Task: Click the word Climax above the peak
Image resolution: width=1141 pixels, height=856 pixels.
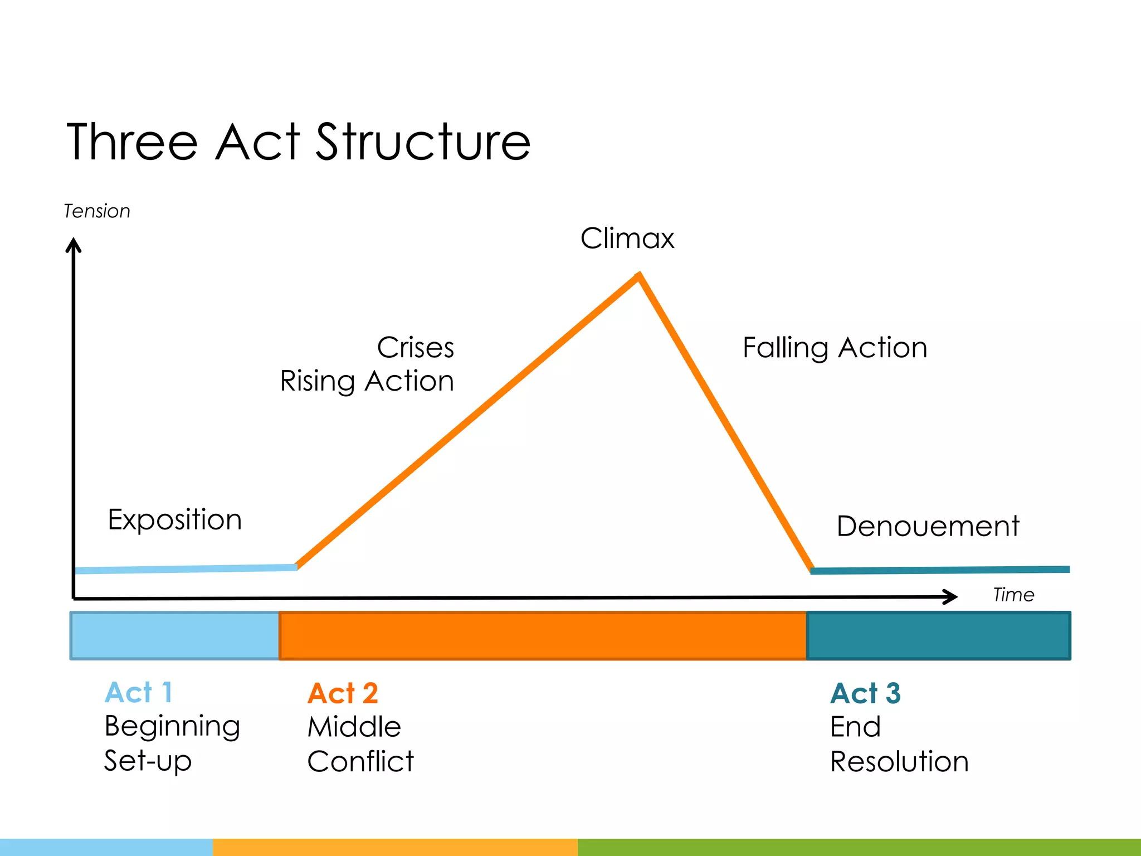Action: tap(627, 239)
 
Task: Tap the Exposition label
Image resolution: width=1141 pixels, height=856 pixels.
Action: tap(174, 520)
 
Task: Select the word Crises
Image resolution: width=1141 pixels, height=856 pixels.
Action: tap(416, 348)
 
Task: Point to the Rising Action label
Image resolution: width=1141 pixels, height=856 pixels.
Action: tap(367, 382)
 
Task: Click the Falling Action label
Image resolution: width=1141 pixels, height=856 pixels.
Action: tap(835, 348)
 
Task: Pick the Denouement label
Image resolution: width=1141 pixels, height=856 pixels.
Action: tap(928, 526)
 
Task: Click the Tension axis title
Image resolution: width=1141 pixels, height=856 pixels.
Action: tap(97, 212)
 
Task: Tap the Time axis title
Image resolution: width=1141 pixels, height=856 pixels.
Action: tap(1013, 595)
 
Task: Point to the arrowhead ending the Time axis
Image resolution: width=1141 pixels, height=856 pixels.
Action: tap(952, 597)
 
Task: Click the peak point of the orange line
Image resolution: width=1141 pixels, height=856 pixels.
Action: tap(639, 275)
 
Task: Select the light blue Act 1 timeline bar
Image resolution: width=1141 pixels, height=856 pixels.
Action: tap(175, 636)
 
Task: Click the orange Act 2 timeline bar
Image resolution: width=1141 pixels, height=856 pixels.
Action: tap(543, 636)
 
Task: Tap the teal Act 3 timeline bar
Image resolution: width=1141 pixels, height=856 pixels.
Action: tap(938, 636)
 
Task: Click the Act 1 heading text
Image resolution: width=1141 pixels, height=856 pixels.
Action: tap(138, 693)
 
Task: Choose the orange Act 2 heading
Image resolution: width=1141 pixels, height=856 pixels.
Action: tap(343, 694)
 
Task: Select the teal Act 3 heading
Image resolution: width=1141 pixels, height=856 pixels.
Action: tap(865, 694)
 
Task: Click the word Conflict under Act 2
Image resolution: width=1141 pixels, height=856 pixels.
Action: tap(360, 762)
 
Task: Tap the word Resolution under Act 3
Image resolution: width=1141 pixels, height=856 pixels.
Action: tap(899, 762)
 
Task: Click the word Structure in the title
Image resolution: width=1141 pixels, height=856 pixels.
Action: tap(423, 143)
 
